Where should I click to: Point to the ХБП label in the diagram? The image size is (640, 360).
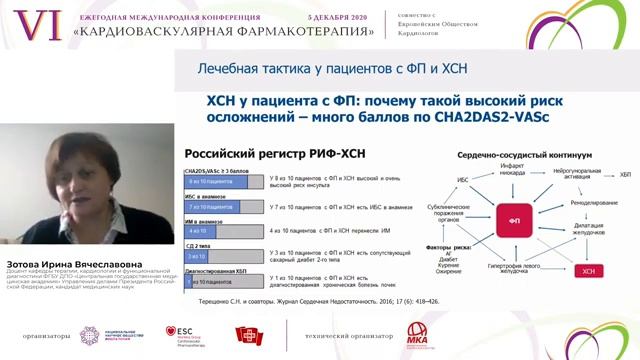[625, 176]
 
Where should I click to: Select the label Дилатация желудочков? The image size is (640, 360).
[597, 232]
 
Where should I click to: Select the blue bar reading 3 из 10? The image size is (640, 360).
[194, 257]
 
